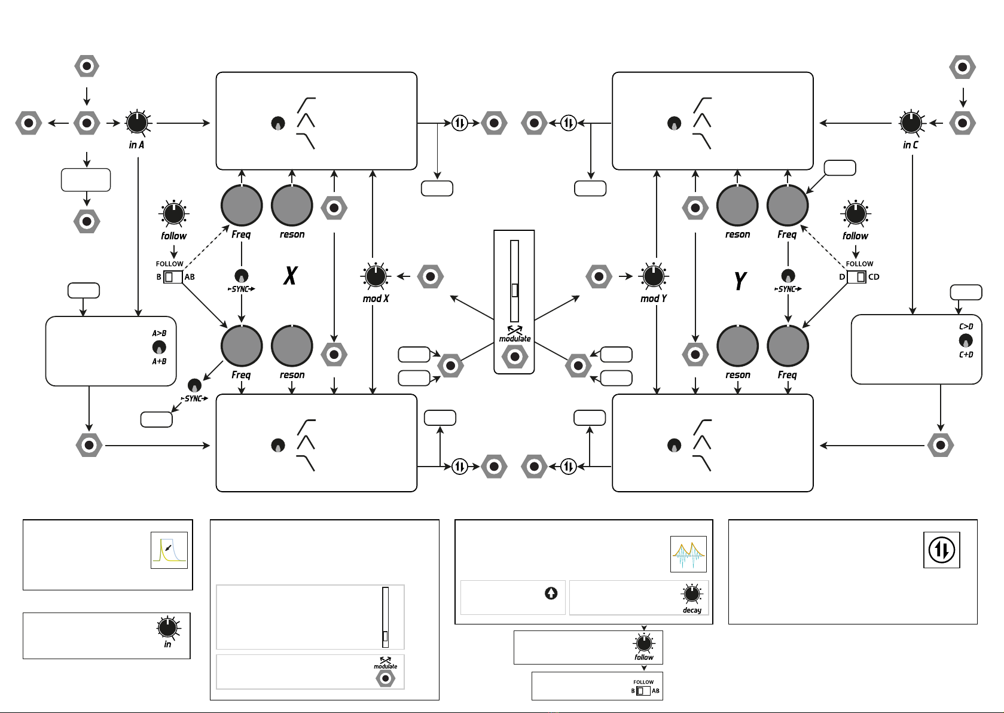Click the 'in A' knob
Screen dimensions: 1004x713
tap(137, 123)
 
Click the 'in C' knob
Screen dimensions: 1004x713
tap(911, 123)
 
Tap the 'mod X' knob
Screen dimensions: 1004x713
tap(376, 276)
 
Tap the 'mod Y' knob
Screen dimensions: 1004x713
tap(654, 276)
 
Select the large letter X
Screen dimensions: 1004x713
tap(291, 276)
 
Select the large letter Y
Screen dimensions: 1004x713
tap(740, 281)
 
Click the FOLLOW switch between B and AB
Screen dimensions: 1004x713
tap(173, 277)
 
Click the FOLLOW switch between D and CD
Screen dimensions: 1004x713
tap(856, 277)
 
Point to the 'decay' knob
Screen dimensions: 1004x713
tap(692, 594)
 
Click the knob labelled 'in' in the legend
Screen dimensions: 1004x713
tap(167, 627)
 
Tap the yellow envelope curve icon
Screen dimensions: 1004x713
tap(169, 550)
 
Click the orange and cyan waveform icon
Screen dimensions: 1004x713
tap(688, 554)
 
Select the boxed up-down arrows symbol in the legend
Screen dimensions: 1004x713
tap(942, 550)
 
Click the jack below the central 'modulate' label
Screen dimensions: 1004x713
tap(514, 357)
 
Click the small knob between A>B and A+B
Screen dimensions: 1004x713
tap(159, 347)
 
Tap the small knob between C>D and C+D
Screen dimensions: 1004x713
tap(966, 341)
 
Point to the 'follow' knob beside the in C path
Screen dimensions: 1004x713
tap(856, 214)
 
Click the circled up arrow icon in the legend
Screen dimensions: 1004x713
tap(551, 593)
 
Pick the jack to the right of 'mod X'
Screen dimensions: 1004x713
tap(431, 277)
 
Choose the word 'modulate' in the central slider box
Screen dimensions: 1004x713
tap(515, 339)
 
